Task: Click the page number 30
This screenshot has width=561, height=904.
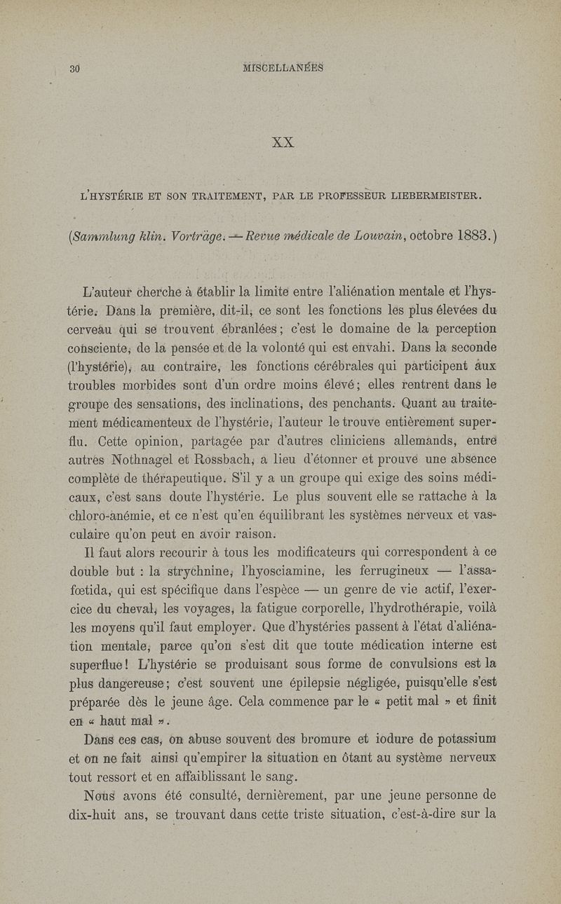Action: point(76,68)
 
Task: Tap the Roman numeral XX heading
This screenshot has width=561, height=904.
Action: point(283,142)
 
